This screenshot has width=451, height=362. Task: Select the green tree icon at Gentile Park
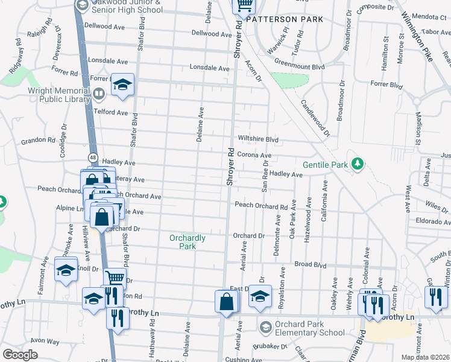(358, 164)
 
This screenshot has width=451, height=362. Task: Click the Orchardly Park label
(187, 242)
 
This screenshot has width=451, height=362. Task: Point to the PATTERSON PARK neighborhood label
(285, 19)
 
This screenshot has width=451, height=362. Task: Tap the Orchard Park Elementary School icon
(265, 327)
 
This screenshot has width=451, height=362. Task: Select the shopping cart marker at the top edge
(244, 5)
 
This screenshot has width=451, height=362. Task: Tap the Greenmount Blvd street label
(300, 67)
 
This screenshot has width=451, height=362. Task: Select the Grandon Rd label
(38, 141)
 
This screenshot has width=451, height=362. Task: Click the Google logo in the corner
(20, 355)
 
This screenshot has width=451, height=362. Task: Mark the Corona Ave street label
(254, 155)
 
